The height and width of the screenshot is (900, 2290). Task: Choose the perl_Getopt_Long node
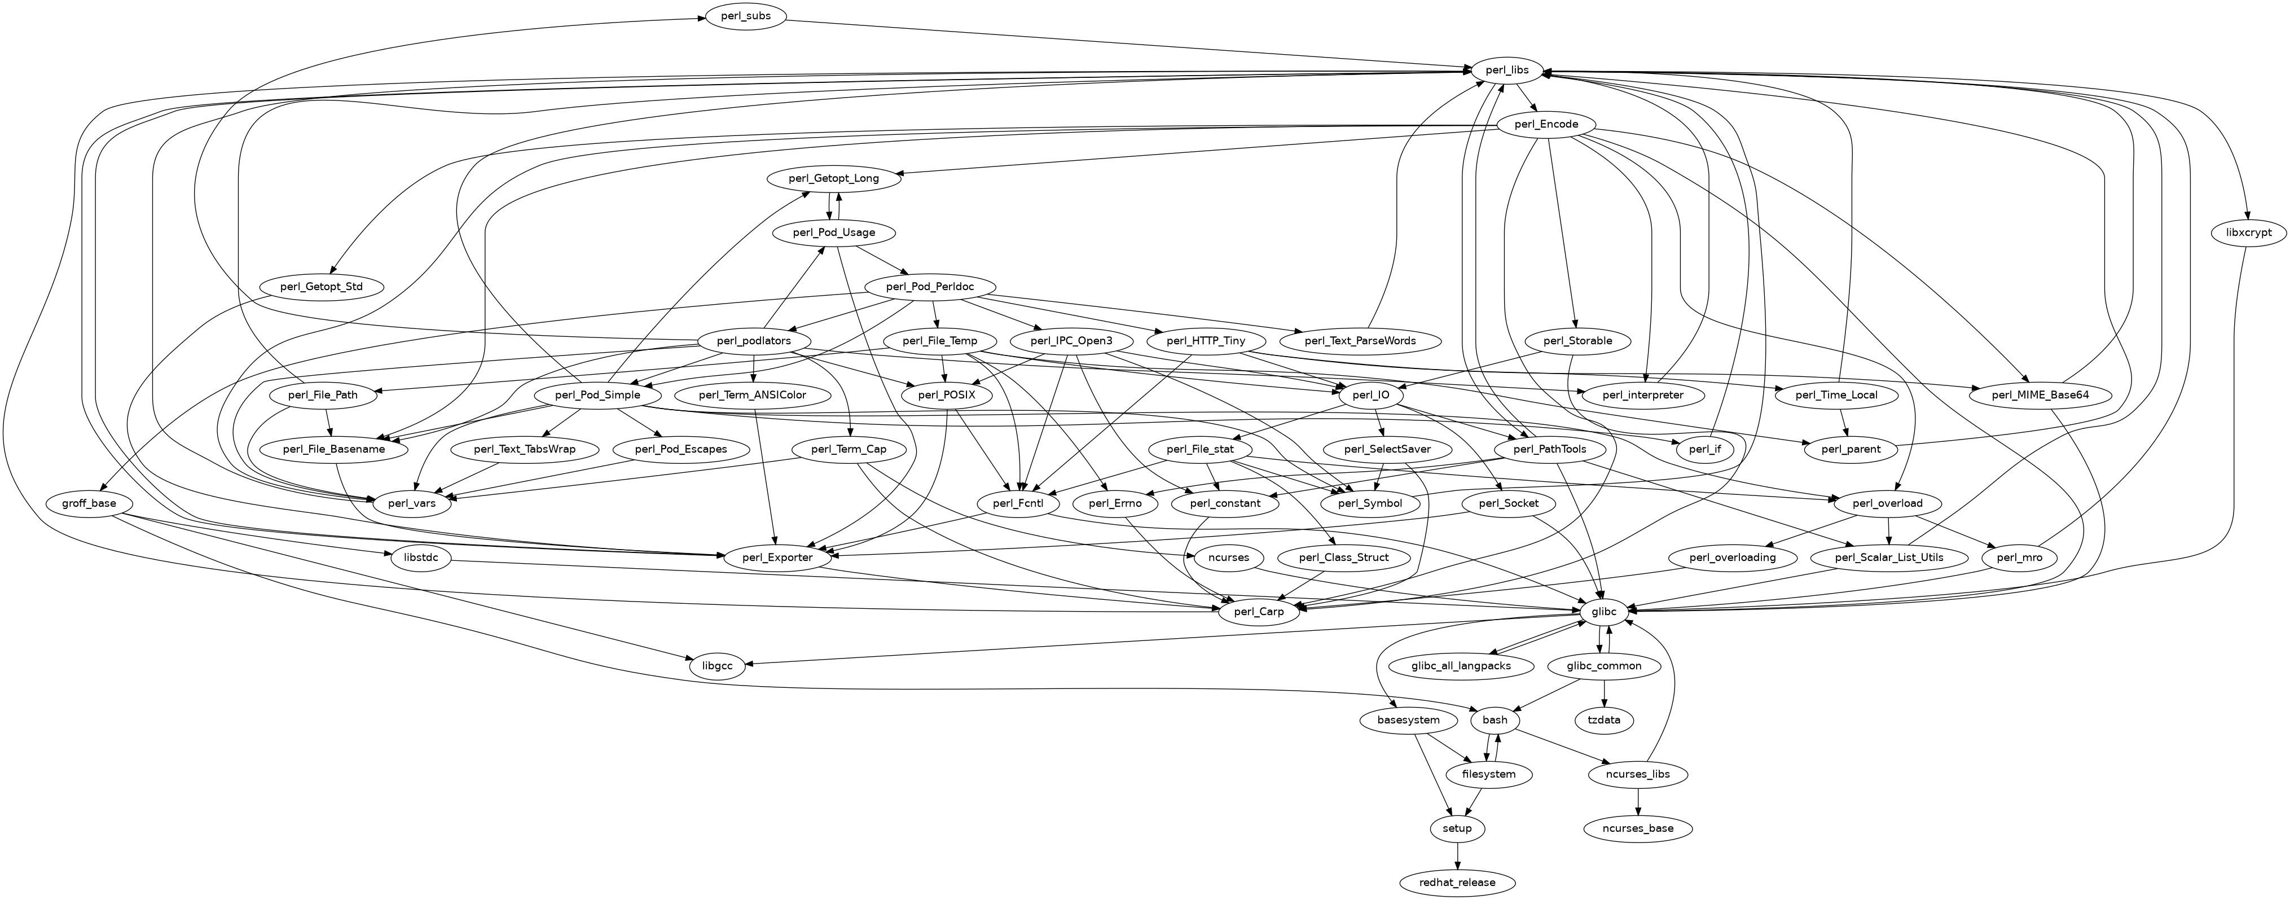pyautogui.click(x=833, y=179)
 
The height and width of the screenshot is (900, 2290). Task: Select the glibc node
pyautogui.click(x=1604, y=612)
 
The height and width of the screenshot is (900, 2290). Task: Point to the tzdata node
pyautogui.click(x=1604, y=721)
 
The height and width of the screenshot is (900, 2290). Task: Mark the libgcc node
pyautogui.click(x=717, y=666)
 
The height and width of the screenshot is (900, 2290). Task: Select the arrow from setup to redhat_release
pyautogui.click(x=1457, y=855)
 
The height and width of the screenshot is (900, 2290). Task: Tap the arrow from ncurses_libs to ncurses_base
pyautogui.click(x=1637, y=801)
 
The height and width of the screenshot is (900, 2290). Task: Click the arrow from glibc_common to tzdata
pyautogui.click(x=1604, y=693)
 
